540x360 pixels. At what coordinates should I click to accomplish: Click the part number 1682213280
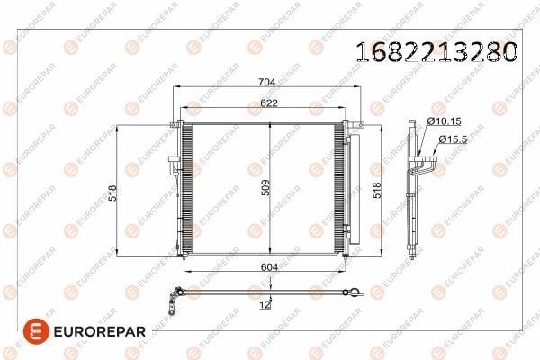(436, 51)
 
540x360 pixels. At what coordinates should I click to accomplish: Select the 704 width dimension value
(267, 82)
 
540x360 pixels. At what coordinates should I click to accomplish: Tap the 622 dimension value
(269, 103)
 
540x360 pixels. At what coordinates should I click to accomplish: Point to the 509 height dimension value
(265, 188)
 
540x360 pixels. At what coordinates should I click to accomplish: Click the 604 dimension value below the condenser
(270, 267)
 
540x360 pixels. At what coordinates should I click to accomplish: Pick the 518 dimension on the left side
(112, 193)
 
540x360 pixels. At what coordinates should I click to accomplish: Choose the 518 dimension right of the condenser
(377, 191)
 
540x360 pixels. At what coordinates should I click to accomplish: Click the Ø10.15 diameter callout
(444, 121)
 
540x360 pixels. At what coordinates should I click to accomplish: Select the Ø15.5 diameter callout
(453, 139)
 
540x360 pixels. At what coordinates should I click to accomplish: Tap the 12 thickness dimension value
(265, 304)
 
